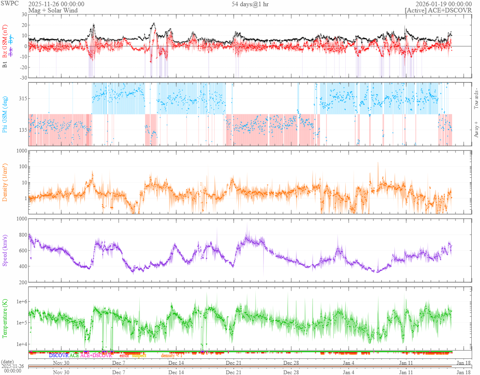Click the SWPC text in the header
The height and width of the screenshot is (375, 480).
coord(8,4)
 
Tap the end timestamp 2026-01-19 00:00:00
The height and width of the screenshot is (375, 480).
coord(444,4)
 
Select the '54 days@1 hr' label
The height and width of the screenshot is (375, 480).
coord(251,4)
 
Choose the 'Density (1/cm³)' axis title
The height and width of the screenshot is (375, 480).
coord(5,182)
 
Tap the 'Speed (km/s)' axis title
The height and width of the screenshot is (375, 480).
coord(5,250)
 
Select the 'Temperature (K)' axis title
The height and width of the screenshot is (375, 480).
coord(5,319)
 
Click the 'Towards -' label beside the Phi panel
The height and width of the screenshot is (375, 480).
coord(476,99)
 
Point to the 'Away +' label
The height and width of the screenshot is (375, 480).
coord(476,129)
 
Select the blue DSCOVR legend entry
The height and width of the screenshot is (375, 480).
coord(58,356)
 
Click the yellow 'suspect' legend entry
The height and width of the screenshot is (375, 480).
coord(139,356)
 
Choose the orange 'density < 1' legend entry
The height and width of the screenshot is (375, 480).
coord(172,356)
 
